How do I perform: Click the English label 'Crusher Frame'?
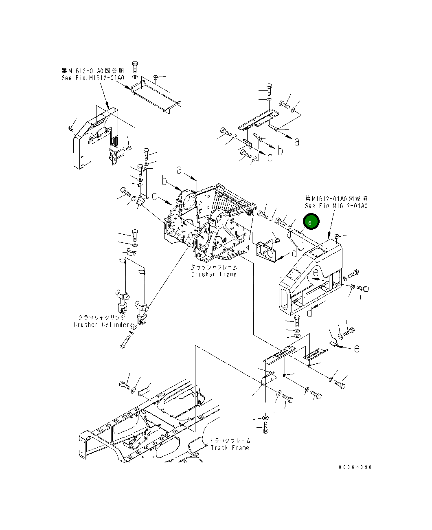pos(214,274)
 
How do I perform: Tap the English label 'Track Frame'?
pos(230,448)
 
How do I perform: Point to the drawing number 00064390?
pos(355,467)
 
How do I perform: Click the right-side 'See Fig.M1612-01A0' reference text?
pos(336,206)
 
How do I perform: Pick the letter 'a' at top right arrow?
pos(297,141)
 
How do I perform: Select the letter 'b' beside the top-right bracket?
pos(280,151)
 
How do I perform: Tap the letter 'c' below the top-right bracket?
pos(270,157)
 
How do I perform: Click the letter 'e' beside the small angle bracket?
pos(356,348)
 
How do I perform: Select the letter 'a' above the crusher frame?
pos(179,170)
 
